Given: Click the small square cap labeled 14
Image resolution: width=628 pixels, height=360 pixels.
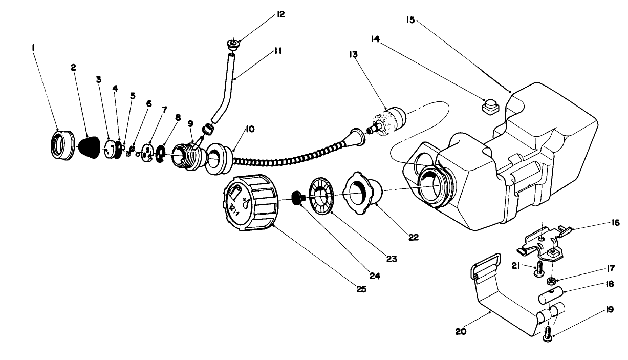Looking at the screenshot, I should tap(490, 107).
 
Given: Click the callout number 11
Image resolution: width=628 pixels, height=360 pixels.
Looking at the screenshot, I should tap(278, 51).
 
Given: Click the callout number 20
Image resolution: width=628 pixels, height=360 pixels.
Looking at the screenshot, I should tap(461, 331).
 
